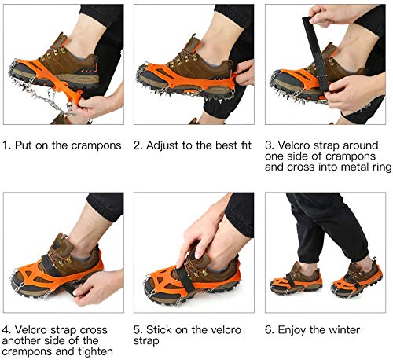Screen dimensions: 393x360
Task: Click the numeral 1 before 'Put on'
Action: [x=6, y=145]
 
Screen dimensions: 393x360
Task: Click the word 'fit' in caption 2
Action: [x=245, y=145]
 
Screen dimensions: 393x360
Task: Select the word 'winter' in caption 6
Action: [x=344, y=330]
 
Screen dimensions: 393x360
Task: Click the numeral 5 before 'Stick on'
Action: [x=137, y=330]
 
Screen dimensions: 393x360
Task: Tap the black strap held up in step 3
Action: [x=314, y=53]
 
